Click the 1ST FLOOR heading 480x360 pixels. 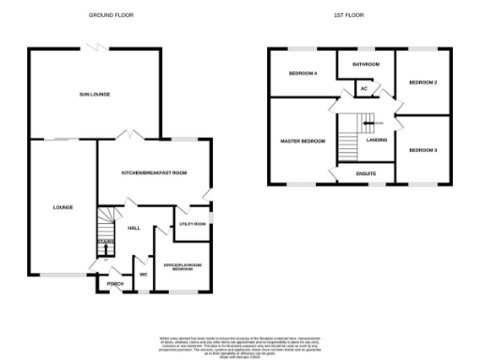(348, 16)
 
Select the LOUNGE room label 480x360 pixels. (62, 207)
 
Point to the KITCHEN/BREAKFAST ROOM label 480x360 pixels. (155, 172)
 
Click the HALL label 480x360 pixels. (133, 228)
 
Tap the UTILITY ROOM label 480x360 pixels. (192, 225)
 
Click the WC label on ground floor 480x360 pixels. (143, 274)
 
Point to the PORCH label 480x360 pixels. (115, 284)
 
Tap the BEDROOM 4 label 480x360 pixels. (303, 73)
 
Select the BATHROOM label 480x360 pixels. (366, 64)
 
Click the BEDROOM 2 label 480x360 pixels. (424, 83)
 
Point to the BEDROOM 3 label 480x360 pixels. (424, 149)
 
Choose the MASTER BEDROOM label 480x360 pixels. (303, 141)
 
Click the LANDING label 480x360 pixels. (378, 140)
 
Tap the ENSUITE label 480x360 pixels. (366, 173)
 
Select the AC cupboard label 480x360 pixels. (364, 90)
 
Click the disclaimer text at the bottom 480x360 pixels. (240, 344)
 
